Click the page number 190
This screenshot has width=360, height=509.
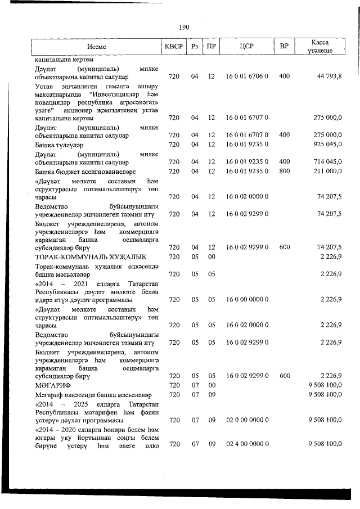184,27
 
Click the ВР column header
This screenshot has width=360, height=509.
284,47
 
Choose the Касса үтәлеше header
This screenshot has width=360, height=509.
319,47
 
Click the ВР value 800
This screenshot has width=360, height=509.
284,170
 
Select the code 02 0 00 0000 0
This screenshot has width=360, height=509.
247,420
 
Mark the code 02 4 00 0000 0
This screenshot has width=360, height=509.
247,444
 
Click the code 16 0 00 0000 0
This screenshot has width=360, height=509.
247,299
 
